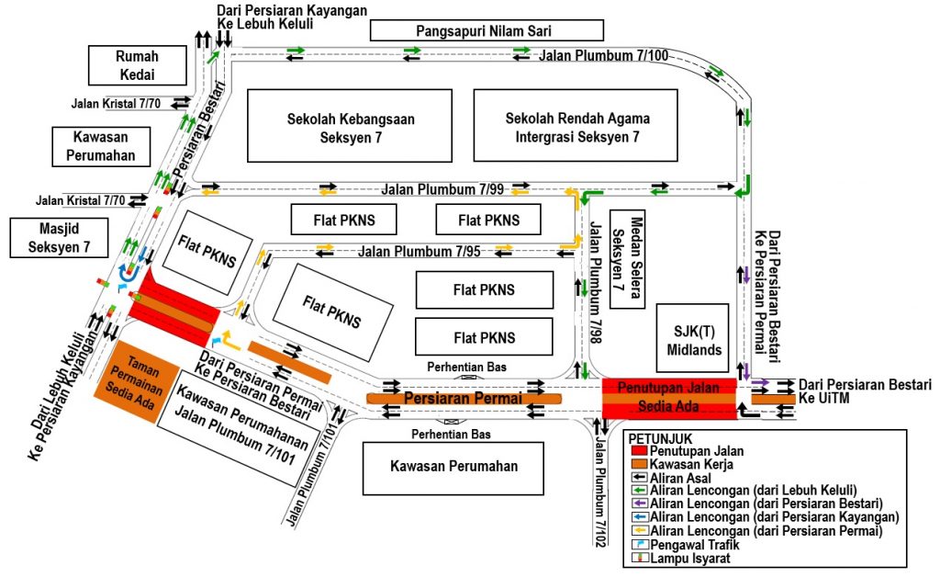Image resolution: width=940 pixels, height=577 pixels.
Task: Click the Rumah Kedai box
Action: coord(136,64)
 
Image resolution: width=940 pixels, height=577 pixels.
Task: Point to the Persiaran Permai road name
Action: coord(463,398)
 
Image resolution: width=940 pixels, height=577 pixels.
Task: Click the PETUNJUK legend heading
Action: coord(662,438)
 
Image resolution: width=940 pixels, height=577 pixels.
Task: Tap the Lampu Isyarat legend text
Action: coord(689,558)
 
